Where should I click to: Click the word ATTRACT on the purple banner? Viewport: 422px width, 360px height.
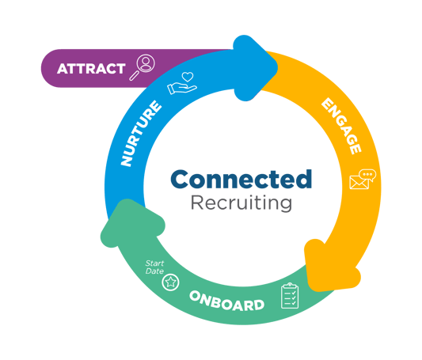91,69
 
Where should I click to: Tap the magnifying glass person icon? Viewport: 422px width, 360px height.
142,67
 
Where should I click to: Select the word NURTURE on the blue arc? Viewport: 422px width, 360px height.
141,134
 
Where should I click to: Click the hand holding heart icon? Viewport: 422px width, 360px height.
182,83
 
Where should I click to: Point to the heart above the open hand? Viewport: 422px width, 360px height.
188,77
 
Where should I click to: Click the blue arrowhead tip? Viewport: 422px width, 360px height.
277,68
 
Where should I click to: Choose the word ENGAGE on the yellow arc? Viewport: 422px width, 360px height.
341,126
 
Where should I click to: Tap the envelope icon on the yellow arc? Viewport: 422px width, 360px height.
359,182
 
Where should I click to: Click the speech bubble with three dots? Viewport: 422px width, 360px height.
367,176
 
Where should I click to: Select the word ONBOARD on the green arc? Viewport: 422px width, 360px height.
227,301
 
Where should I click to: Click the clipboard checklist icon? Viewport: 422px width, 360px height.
290,296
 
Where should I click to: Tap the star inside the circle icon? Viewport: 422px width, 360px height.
171,282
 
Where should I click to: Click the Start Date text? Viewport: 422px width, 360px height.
154,267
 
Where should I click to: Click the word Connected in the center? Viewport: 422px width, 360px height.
241,179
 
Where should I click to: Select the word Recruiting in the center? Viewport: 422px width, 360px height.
241,203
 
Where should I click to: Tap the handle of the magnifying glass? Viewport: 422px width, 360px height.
134,75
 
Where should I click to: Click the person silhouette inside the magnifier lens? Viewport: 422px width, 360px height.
146,63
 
